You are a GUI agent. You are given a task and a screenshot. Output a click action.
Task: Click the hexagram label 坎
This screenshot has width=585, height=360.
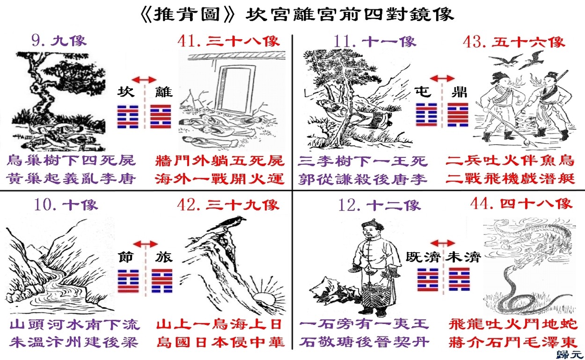point(126,92)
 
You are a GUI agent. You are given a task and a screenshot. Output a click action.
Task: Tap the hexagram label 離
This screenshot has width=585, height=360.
point(164,92)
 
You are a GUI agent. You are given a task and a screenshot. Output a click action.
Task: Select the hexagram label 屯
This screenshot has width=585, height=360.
point(423,92)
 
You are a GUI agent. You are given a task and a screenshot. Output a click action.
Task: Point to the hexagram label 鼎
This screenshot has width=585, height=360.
point(460,92)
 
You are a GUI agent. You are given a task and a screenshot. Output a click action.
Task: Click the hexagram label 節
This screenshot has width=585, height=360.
point(127,257)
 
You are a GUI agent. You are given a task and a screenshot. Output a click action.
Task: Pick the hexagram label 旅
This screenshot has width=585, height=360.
point(164,257)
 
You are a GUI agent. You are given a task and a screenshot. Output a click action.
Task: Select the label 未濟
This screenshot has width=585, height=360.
point(463,257)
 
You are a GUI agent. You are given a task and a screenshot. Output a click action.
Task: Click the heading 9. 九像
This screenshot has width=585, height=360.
point(59,41)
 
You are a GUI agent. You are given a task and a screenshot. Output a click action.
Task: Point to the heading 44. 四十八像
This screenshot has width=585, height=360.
point(521,204)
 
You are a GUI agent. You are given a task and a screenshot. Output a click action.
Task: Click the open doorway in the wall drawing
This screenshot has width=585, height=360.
point(235,89)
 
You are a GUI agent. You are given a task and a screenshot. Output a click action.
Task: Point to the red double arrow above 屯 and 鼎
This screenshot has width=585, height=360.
point(442,78)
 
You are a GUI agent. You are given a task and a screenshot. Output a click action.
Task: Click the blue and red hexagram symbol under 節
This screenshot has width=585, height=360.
point(128,281)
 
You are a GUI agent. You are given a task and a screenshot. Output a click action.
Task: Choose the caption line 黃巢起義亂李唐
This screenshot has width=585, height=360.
point(71,179)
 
